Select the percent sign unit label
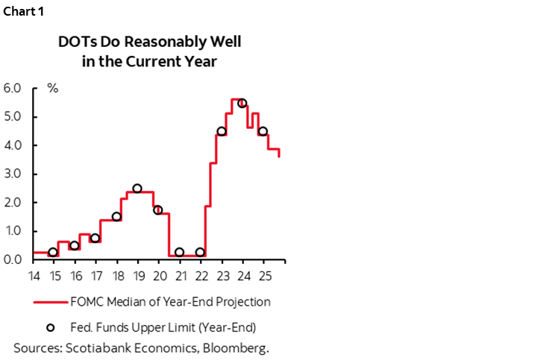(x=53, y=88)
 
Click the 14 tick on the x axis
(x=34, y=276)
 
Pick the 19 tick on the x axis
(x=138, y=276)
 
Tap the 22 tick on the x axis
(x=201, y=276)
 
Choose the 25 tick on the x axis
(x=263, y=276)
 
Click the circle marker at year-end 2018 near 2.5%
(x=137, y=189)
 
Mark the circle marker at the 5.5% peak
(x=242, y=104)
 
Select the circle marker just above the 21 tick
(x=179, y=253)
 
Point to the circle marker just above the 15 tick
(x=53, y=253)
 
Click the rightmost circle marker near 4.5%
(x=263, y=131)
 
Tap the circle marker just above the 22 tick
(x=200, y=253)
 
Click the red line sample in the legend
(x=50, y=302)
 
